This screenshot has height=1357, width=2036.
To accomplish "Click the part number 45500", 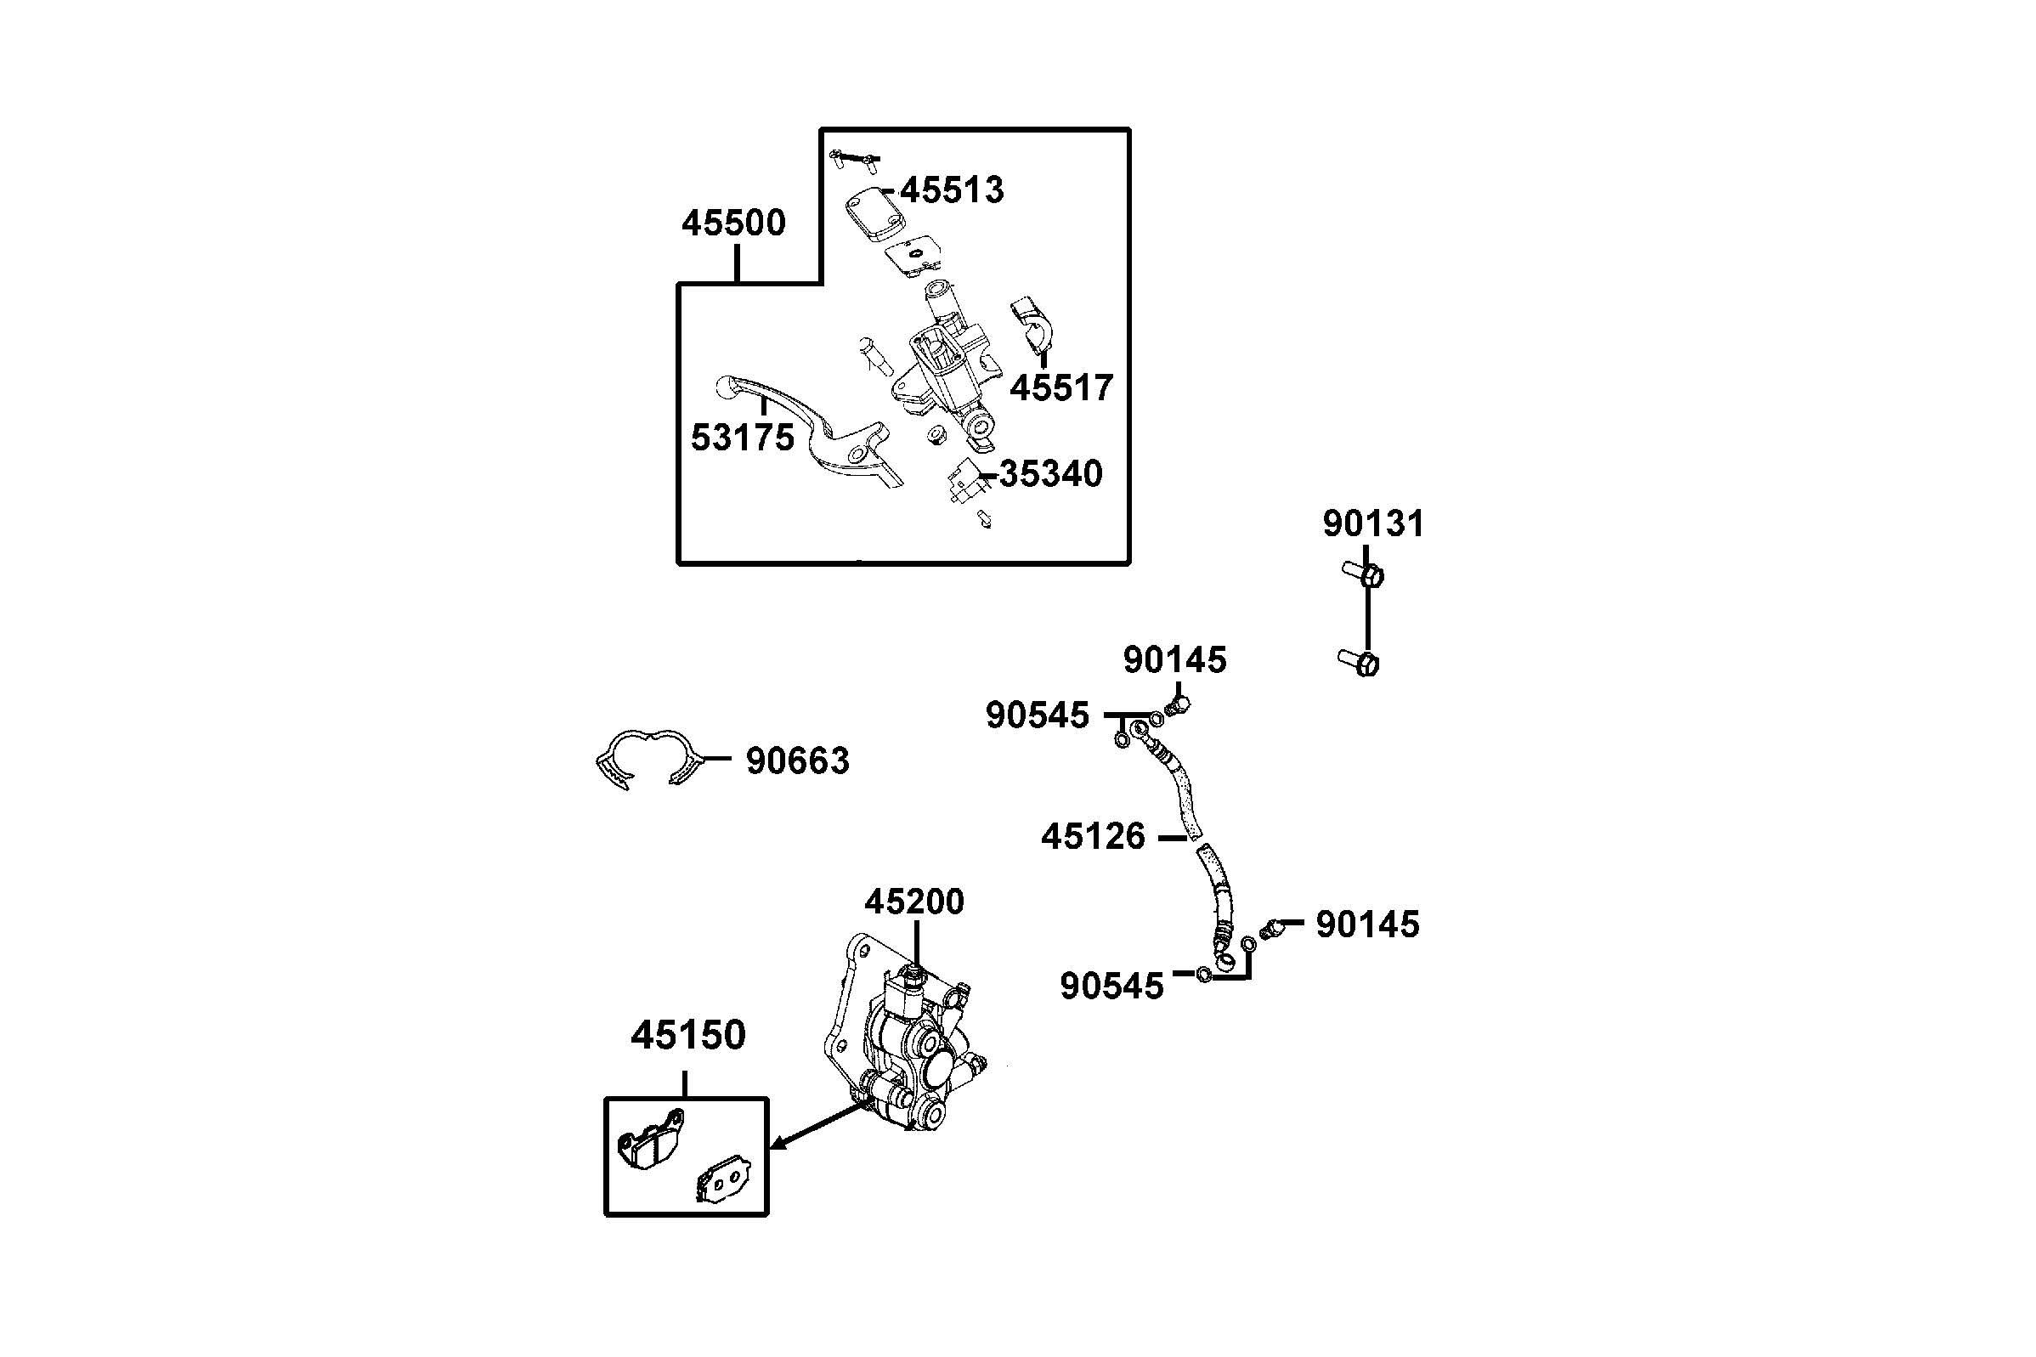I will (x=732, y=223).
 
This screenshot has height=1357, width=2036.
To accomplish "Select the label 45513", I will (x=952, y=190).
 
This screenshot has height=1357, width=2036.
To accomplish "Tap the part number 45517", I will (x=1060, y=387).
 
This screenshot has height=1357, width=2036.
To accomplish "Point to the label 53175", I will (x=742, y=438).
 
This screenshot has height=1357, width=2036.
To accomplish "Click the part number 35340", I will (x=1050, y=474).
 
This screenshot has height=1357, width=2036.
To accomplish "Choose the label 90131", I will (x=1372, y=524).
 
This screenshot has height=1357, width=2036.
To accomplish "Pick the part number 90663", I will (x=797, y=761).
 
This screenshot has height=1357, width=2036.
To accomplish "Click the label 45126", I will (x=1093, y=837).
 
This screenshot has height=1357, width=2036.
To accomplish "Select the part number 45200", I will (x=913, y=902).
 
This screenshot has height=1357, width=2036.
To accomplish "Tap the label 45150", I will (x=688, y=1035).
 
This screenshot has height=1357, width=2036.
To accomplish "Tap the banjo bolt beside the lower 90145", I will (x=1271, y=930).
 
